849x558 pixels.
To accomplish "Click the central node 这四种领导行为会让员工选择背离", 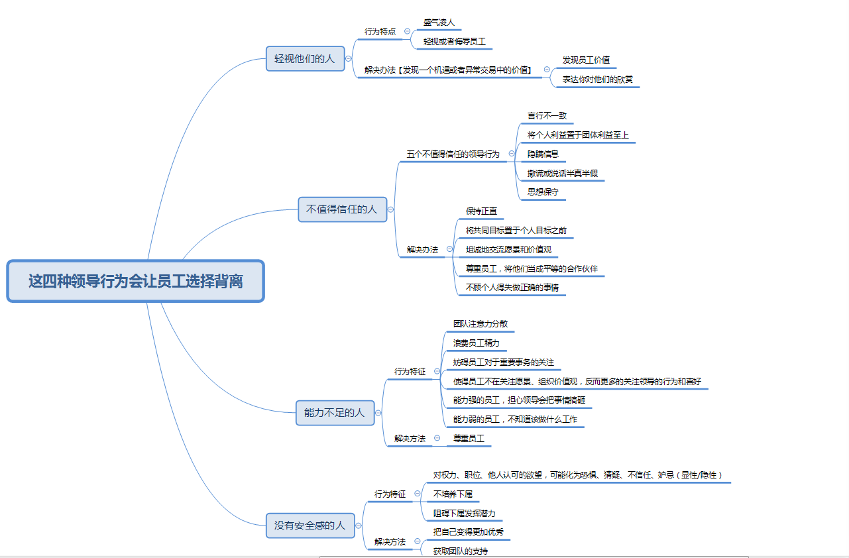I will pos(135,281).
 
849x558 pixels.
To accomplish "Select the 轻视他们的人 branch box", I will pos(305,58).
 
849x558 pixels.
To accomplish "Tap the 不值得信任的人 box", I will pos(342,209).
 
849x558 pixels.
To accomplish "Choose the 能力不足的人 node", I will pos(334,412).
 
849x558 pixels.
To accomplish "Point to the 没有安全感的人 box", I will pos(310,525).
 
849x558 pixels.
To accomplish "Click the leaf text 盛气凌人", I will pos(439,22).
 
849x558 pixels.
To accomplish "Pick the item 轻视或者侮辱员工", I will pos(454,41).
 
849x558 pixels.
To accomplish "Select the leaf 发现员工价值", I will pos(586,60).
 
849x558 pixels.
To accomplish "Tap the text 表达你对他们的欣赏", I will pos(597,80).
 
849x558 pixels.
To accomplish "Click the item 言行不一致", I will pos(547,115).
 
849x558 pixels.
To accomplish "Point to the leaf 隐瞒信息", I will pos(543,154).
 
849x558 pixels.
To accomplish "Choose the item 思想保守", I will pos(543,192).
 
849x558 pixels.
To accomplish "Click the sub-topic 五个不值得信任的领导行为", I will pos(453,154).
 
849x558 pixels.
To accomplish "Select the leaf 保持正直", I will pos(481,211).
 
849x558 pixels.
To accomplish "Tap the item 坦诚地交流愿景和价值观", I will pos(508,250).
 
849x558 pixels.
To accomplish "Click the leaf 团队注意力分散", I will pos(481,324).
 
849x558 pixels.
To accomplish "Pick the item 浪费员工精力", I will pos(476,343).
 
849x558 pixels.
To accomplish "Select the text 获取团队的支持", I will pos(460,551).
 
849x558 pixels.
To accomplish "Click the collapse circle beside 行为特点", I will pos(407,31).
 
